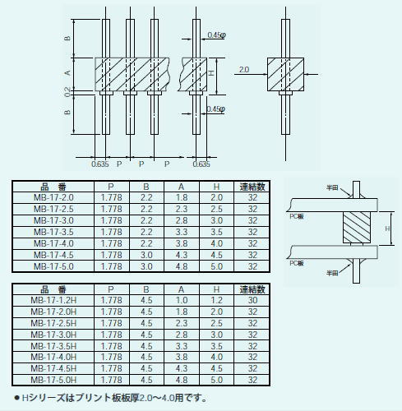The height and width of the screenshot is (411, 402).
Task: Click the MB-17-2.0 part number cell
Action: point(53,197)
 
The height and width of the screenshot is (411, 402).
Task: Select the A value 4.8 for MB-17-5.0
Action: point(182,266)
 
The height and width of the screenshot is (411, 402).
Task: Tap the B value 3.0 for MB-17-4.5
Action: point(146,255)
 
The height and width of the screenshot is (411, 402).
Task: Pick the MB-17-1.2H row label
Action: point(53,300)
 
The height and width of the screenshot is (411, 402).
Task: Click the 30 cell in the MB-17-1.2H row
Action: point(252,300)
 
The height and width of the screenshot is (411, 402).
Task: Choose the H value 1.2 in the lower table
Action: point(216,300)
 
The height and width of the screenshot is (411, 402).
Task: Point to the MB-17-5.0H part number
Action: point(53,380)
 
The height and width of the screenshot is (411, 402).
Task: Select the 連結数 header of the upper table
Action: point(252,187)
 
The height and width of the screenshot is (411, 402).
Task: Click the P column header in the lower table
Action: point(111,289)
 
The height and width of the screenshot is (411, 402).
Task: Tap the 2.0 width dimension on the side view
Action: point(244,70)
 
